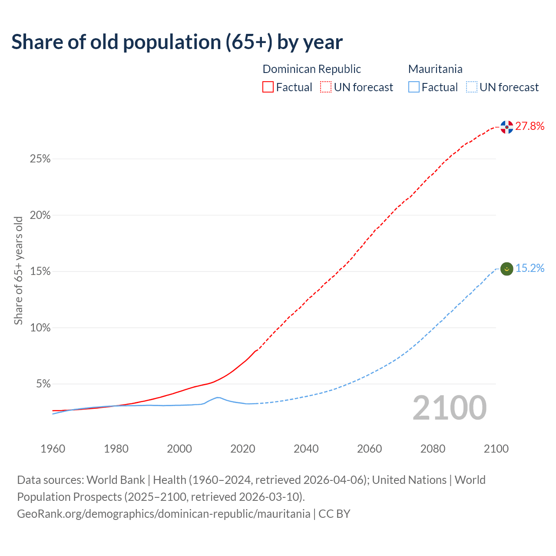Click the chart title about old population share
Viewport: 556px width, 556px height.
(177, 42)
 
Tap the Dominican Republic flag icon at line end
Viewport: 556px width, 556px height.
(506, 127)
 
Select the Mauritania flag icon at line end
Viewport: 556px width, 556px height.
(506, 269)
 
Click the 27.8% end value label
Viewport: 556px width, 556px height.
(530, 126)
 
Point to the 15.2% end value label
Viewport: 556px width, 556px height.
(530, 268)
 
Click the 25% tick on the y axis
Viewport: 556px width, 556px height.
(40, 159)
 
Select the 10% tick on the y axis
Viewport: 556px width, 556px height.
(40, 328)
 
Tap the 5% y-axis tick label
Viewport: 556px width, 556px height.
(43, 384)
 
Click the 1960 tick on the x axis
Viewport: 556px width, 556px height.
(53, 449)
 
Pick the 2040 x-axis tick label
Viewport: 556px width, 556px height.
(306, 449)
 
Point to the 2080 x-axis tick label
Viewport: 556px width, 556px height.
(433, 449)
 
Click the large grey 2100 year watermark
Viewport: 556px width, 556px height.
(449, 408)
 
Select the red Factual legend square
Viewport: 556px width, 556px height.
(268, 87)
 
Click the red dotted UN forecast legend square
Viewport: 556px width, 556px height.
(326, 87)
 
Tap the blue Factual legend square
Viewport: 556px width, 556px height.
(414, 87)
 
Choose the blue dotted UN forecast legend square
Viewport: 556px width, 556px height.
(472, 87)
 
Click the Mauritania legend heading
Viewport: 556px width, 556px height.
(435, 69)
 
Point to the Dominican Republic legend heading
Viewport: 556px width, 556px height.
(311, 69)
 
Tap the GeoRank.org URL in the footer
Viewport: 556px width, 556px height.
(163, 514)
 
